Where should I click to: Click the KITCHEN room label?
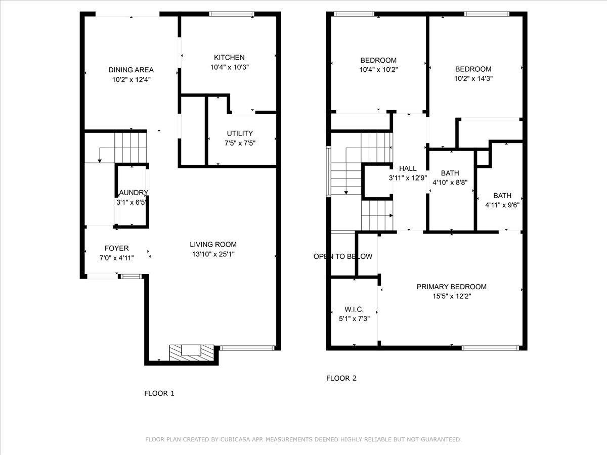(x=229, y=58)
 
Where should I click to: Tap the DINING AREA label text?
(x=131, y=70)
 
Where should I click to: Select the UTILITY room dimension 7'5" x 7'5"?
(x=240, y=143)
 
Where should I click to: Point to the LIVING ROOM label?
(x=213, y=244)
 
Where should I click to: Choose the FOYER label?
(x=116, y=248)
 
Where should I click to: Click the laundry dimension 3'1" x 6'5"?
(x=132, y=202)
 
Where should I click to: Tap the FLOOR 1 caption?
(x=159, y=393)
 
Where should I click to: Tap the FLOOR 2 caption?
(x=341, y=378)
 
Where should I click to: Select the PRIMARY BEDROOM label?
(x=451, y=287)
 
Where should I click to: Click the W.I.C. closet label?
(x=354, y=309)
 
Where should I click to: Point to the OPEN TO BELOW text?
(x=343, y=256)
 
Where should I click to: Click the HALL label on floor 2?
(x=408, y=168)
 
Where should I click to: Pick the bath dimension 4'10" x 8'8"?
(x=450, y=182)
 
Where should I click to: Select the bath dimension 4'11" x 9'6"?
(x=502, y=205)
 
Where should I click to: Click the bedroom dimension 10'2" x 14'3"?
(x=473, y=78)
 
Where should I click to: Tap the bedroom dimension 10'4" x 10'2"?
(x=378, y=70)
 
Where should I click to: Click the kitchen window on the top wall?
(x=231, y=14)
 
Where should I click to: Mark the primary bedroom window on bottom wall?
(x=491, y=348)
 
